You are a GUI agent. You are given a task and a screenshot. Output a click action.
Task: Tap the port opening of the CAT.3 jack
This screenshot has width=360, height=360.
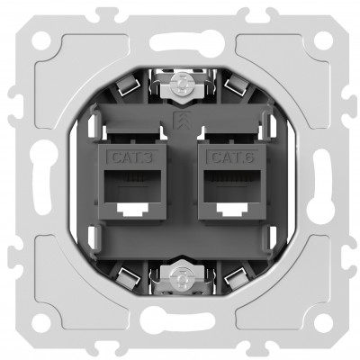132,185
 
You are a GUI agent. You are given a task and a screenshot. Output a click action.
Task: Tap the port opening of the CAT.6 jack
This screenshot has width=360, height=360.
232,185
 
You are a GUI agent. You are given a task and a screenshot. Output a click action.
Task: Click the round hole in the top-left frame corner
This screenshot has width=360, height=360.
41,40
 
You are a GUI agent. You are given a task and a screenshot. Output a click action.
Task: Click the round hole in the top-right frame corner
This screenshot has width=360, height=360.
323,40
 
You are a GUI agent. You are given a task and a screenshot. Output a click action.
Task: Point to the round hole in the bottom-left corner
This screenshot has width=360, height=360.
41,322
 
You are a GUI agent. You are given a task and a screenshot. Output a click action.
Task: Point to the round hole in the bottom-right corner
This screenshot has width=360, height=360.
323,322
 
